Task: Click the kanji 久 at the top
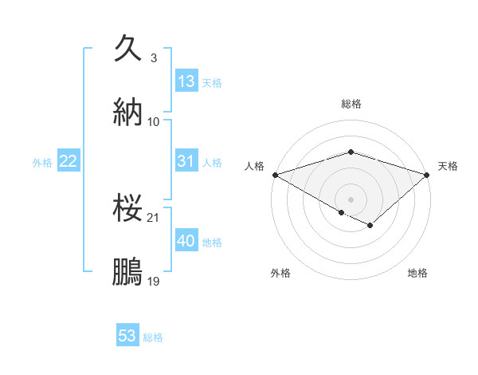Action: (x=128, y=49)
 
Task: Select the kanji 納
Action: (x=128, y=111)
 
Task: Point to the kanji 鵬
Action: (x=128, y=270)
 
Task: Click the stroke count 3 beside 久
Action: (x=154, y=58)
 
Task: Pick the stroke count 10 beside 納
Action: (x=154, y=121)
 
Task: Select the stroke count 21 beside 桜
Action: (x=154, y=217)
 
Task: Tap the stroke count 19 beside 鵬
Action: (x=154, y=281)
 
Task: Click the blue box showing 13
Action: (x=186, y=81)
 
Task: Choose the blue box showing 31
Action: (x=186, y=161)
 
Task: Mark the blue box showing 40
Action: (x=186, y=241)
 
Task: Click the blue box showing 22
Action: (x=69, y=161)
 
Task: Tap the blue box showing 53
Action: (x=127, y=336)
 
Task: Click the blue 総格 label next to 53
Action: (x=153, y=337)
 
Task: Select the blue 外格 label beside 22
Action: (x=42, y=163)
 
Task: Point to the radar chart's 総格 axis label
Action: (x=351, y=104)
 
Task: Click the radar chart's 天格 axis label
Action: (x=448, y=166)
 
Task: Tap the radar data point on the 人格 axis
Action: (x=275, y=174)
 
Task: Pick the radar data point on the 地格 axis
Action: (x=370, y=226)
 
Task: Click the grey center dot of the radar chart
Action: (x=351, y=199)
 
